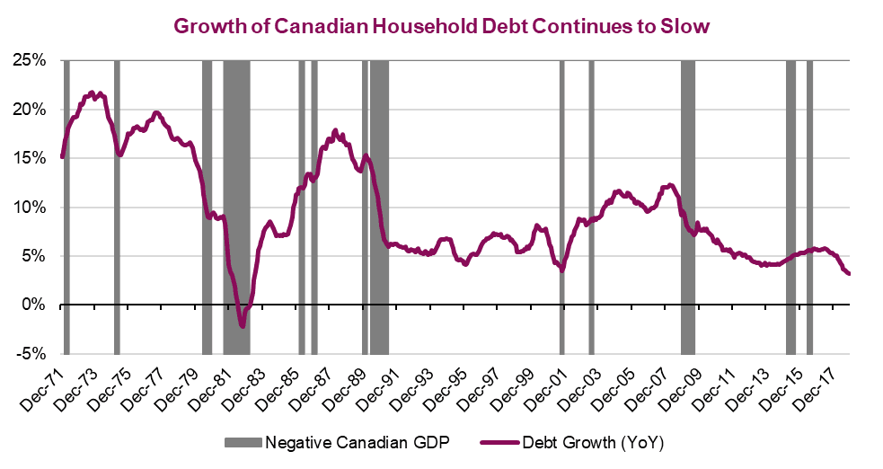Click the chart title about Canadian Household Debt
441,26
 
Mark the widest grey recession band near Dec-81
236,207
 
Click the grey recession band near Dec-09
688,207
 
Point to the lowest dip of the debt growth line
243,327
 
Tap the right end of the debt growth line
849,274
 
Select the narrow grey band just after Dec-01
591,207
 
